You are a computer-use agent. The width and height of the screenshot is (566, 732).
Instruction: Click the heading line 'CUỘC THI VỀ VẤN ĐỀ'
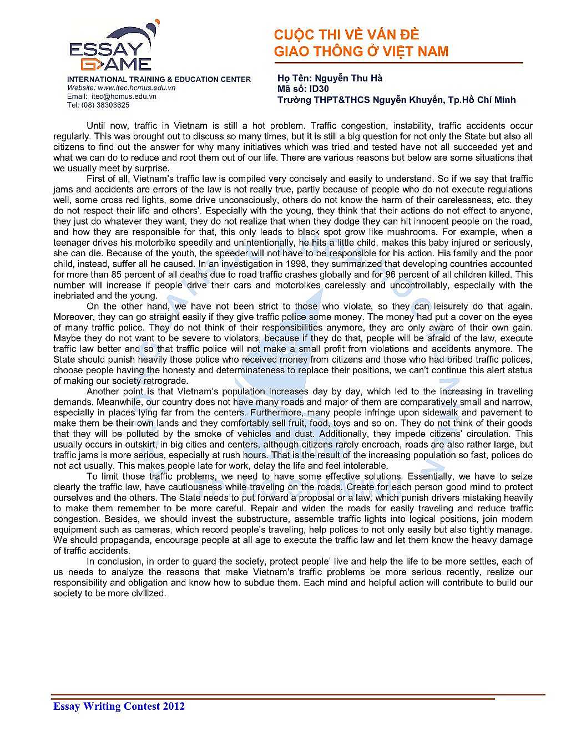[x=346, y=35]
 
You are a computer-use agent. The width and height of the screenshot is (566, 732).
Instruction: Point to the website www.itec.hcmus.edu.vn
[x=137, y=88]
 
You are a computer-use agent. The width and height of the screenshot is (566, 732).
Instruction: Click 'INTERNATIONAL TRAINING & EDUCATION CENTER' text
[x=159, y=79]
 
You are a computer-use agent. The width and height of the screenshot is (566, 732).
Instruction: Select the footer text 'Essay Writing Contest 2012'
[x=119, y=706]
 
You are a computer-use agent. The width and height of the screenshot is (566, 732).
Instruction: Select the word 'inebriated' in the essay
[x=73, y=296]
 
